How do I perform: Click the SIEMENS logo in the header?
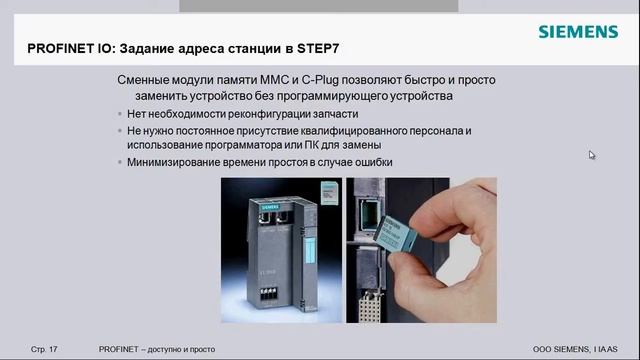(x=578, y=32)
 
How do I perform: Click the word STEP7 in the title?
(x=318, y=49)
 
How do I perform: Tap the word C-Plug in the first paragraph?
(x=320, y=80)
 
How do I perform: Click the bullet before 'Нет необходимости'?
(x=120, y=114)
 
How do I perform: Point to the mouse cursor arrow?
(x=592, y=155)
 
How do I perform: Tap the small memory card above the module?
(x=329, y=193)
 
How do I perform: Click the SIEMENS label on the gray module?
(x=270, y=207)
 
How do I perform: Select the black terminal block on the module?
(x=268, y=294)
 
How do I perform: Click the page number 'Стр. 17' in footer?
(x=44, y=349)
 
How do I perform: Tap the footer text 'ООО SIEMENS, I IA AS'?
(x=575, y=349)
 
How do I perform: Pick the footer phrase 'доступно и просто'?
(x=181, y=349)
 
